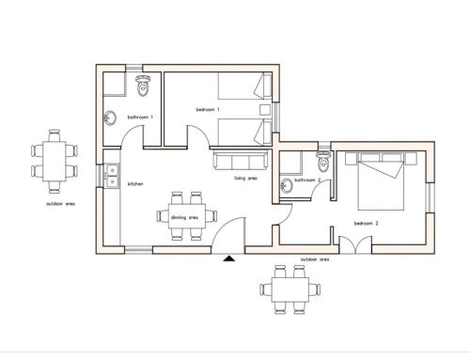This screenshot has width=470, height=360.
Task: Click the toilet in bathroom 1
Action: (x=143, y=86)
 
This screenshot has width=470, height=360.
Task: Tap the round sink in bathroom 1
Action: (x=110, y=118)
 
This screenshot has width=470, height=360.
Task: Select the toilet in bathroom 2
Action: (x=323, y=161)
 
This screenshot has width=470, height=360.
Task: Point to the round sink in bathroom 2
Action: (x=286, y=185)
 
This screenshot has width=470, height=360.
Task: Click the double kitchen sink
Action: (x=112, y=176)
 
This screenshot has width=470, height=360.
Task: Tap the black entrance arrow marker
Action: (x=229, y=258)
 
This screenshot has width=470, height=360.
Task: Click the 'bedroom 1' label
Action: (x=208, y=110)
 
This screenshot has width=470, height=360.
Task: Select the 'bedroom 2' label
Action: (x=366, y=224)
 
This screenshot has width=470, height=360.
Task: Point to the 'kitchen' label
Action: (x=135, y=184)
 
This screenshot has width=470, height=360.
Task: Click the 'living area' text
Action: (x=245, y=179)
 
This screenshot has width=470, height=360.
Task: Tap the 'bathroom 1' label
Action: (x=140, y=117)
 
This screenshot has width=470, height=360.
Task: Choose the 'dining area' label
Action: (x=185, y=217)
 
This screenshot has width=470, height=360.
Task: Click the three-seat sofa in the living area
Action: (x=241, y=160)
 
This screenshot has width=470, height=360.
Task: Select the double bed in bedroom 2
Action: (x=381, y=181)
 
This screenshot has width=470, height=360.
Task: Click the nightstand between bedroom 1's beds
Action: (x=265, y=109)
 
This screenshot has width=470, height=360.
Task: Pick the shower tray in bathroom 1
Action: (x=115, y=84)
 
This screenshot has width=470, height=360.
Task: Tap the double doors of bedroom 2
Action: (x=355, y=244)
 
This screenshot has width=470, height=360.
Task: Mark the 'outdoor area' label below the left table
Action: (x=60, y=204)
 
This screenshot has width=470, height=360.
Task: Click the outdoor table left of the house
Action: (x=55, y=162)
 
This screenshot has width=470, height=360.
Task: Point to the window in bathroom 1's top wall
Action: (x=133, y=68)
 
